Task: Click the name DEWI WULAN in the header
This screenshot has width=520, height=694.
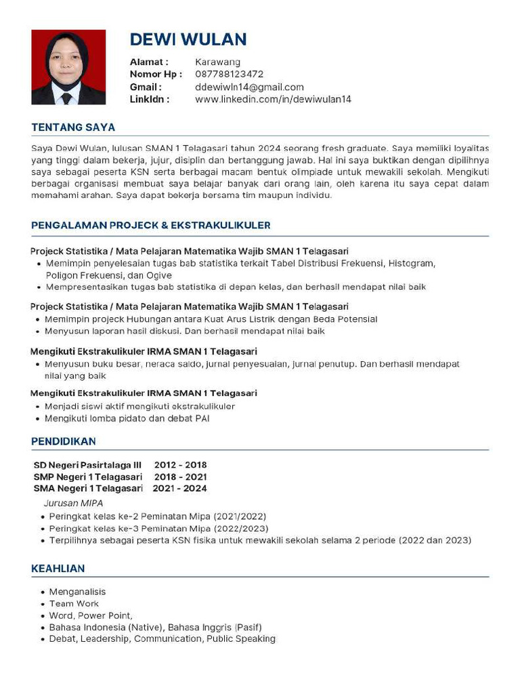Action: pos(188,39)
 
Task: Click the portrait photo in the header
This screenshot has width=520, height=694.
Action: pos(68,67)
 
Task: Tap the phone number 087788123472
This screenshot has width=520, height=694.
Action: pos(229,75)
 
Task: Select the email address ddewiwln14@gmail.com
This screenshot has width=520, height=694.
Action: pos(249,87)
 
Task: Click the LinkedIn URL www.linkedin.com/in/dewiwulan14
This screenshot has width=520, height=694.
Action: pos(273,100)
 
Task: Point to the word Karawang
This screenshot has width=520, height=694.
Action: pos(217,62)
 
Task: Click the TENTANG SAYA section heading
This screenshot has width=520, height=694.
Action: pos(73,127)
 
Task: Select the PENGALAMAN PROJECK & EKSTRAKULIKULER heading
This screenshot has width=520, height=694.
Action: pos(151,226)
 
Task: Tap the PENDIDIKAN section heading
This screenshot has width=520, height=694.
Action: pos(64,442)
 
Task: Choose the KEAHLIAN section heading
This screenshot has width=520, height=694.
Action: pos(58,569)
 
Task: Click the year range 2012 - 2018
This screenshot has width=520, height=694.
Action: pos(180,466)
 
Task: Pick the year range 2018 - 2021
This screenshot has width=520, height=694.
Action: pos(181,477)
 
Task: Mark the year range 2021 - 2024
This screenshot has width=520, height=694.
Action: pos(179,489)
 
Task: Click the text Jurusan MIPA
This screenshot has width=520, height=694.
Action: pos(73,504)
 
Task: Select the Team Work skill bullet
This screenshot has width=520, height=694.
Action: pos(74,604)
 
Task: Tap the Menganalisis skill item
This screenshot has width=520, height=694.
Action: pos(77,592)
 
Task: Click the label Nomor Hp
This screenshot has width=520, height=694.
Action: pos(155,75)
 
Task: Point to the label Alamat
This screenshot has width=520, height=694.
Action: pos(148,62)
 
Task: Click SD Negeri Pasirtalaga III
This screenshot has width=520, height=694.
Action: pos(87,466)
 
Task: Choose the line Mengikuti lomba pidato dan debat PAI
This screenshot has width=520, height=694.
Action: pos(127,419)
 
